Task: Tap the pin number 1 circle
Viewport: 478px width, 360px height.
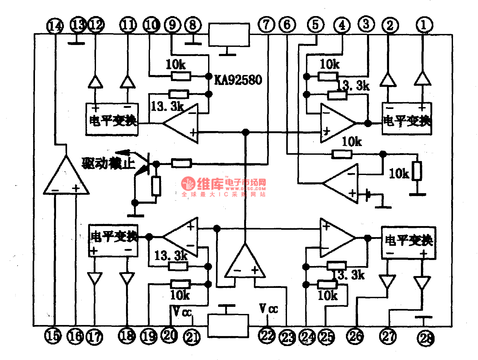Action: [424, 25]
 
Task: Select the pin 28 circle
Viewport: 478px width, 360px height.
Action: [426, 338]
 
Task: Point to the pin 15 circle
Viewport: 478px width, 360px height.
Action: [53, 336]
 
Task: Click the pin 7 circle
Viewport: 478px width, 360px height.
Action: [266, 25]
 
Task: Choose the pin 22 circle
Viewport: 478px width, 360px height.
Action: [267, 336]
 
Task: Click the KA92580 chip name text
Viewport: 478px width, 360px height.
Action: [238, 80]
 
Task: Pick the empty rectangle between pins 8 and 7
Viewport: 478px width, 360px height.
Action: [229, 35]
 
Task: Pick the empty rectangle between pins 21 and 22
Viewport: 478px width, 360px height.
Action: [228, 326]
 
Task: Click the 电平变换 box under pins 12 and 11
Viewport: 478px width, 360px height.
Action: [112, 119]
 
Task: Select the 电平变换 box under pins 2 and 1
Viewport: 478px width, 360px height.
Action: [407, 119]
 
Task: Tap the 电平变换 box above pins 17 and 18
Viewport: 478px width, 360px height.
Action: [113, 240]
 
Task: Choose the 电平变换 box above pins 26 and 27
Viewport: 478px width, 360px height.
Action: [409, 243]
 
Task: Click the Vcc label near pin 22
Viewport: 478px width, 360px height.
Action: [268, 308]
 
